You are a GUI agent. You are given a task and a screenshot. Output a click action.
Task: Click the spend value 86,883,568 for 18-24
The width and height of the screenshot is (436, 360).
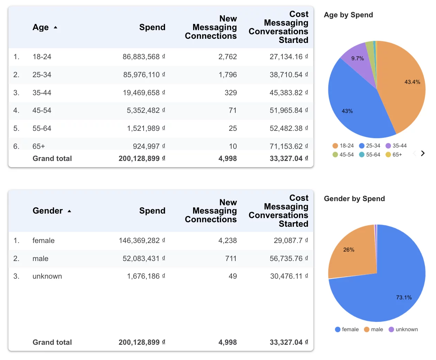[x=141, y=57]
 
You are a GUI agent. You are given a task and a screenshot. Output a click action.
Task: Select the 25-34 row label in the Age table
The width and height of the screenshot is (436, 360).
[x=42, y=75]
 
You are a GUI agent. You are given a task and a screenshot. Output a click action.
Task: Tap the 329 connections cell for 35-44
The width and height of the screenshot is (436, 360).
[x=230, y=93]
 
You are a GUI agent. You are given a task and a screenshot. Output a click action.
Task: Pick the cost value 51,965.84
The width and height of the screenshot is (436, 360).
[x=286, y=110]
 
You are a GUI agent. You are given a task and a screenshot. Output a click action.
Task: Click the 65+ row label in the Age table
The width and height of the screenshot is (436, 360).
[x=39, y=146]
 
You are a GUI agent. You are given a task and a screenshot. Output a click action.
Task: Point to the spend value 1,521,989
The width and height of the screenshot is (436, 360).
[x=143, y=128]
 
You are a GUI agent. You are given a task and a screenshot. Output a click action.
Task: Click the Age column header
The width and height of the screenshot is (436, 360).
[x=41, y=27]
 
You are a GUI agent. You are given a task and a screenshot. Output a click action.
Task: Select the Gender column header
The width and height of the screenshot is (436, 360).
[x=48, y=211]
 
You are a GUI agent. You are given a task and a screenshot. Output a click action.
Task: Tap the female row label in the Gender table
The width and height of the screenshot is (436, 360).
[x=44, y=241]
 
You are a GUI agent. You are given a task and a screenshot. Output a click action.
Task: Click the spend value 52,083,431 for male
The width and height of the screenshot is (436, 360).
[x=141, y=259]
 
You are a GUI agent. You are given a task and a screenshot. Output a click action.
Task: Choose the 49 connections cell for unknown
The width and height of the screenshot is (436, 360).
[x=233, y=276]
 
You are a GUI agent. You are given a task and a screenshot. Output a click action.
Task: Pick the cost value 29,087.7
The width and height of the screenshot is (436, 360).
[x=288, y=241]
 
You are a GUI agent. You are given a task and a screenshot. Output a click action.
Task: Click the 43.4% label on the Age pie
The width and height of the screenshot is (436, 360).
[x=412, y=82]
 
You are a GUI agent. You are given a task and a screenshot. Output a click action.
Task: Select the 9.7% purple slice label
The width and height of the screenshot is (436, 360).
[x=357, y=58]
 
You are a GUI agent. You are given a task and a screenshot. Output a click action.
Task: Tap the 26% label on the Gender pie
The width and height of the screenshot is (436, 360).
[x=349, y=250]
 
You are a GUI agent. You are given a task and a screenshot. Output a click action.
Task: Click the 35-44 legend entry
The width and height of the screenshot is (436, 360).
[x=396, y=146]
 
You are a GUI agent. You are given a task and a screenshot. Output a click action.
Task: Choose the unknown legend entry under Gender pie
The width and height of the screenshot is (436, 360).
[x=403, y=330]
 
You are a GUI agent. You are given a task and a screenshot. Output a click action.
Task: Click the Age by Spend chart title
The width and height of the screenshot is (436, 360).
[x=348, y=15]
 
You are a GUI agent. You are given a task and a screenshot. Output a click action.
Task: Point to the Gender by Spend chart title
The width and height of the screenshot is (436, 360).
[x=354, y=199]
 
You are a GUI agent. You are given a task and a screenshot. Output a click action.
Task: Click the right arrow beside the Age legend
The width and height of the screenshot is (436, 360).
[x=423, y=153]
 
